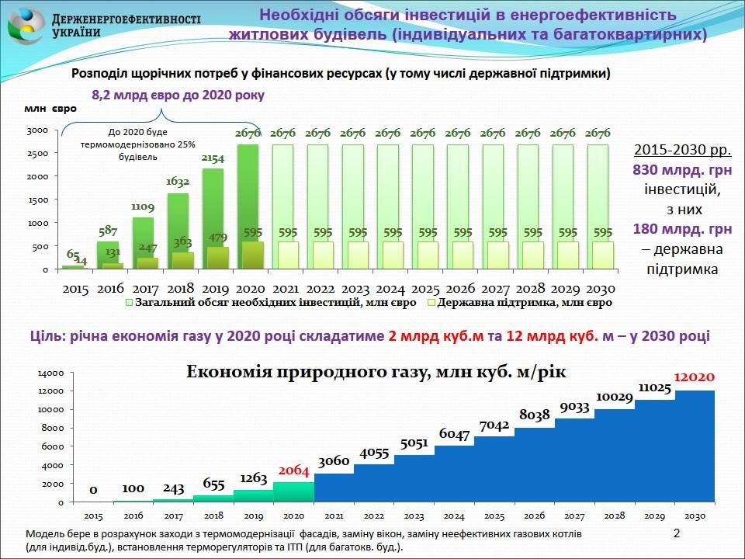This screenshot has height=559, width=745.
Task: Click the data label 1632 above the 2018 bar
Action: (178, 183)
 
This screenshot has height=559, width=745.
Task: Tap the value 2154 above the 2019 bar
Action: (213, 159)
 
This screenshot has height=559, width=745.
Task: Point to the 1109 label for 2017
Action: (143, 207)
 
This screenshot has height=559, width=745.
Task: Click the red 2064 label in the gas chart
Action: (294, 470)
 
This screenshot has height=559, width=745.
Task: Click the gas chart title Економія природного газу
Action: (376, 372)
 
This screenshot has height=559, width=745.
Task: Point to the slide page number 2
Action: (676, 534)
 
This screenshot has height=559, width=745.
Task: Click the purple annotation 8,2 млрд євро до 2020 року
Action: (178, 95)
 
